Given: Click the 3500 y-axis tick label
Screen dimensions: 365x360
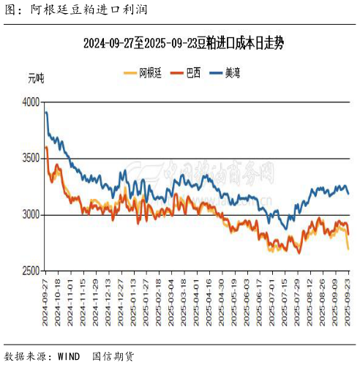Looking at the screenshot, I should (31, 158).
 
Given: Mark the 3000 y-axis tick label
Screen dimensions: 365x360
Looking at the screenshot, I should (31, 214).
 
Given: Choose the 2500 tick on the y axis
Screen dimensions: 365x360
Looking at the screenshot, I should (31, 271).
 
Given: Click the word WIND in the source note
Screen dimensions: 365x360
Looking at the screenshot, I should (70, 356).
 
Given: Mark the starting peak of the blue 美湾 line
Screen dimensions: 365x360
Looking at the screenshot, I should (46, 112).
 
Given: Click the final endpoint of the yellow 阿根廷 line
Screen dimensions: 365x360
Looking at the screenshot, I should (348, 249).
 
